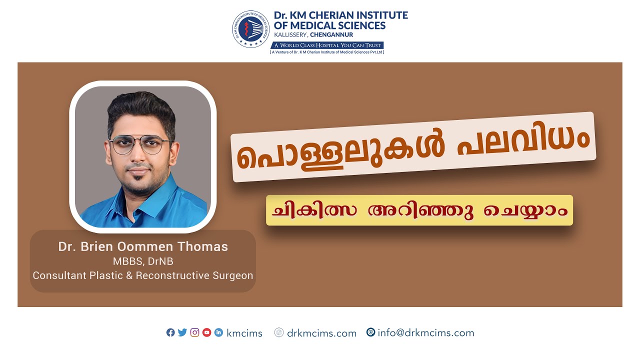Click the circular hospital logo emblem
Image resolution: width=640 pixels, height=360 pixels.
click(x=251, y=29)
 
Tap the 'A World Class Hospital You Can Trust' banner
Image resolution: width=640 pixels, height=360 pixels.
click(x=327, y=45)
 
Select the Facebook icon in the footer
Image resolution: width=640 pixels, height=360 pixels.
click(x=170, y=332)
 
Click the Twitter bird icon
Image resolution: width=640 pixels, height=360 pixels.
click(x=182, y=332)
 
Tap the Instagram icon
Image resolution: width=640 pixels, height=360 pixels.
click(x=194, y=332)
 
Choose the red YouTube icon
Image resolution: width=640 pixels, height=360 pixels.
click(x=206, y=332)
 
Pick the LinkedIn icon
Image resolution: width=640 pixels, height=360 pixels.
click(x=218, y=332)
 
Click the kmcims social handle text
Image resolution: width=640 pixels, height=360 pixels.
click(x=244, y=333)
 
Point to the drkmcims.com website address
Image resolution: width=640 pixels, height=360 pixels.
click(x=321, y=333)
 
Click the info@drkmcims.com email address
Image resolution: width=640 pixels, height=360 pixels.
click(x=425, y=333)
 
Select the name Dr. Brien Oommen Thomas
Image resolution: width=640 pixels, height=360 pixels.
click(x=143, y=246)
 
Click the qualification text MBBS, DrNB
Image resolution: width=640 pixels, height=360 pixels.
click(x=143, y=261)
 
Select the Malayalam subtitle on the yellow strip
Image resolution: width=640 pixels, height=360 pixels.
click(x=419, y=210)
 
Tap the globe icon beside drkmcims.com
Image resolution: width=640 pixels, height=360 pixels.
click(x=279, y=332)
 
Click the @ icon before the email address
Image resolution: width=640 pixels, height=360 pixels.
click(x=370, y=332)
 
